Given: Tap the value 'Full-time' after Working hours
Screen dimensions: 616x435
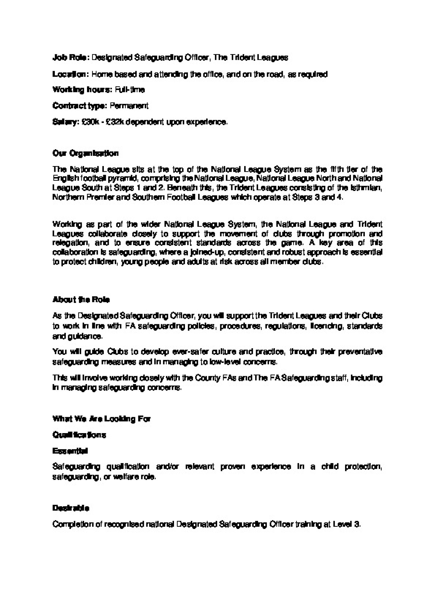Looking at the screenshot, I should click(x=130, y=90).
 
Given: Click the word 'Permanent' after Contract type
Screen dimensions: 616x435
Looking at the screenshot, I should click(x=129, y=106).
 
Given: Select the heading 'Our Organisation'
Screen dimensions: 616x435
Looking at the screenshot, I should click(x=85, y=153).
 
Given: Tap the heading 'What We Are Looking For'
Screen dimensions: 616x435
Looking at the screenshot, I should click(x=101, y=419).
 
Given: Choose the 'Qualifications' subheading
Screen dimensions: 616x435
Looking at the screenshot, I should click(x=79, y=435).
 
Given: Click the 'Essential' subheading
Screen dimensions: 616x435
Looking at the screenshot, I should click(x=70, y=451).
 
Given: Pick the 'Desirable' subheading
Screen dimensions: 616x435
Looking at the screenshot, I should click(x=71, y=508).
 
